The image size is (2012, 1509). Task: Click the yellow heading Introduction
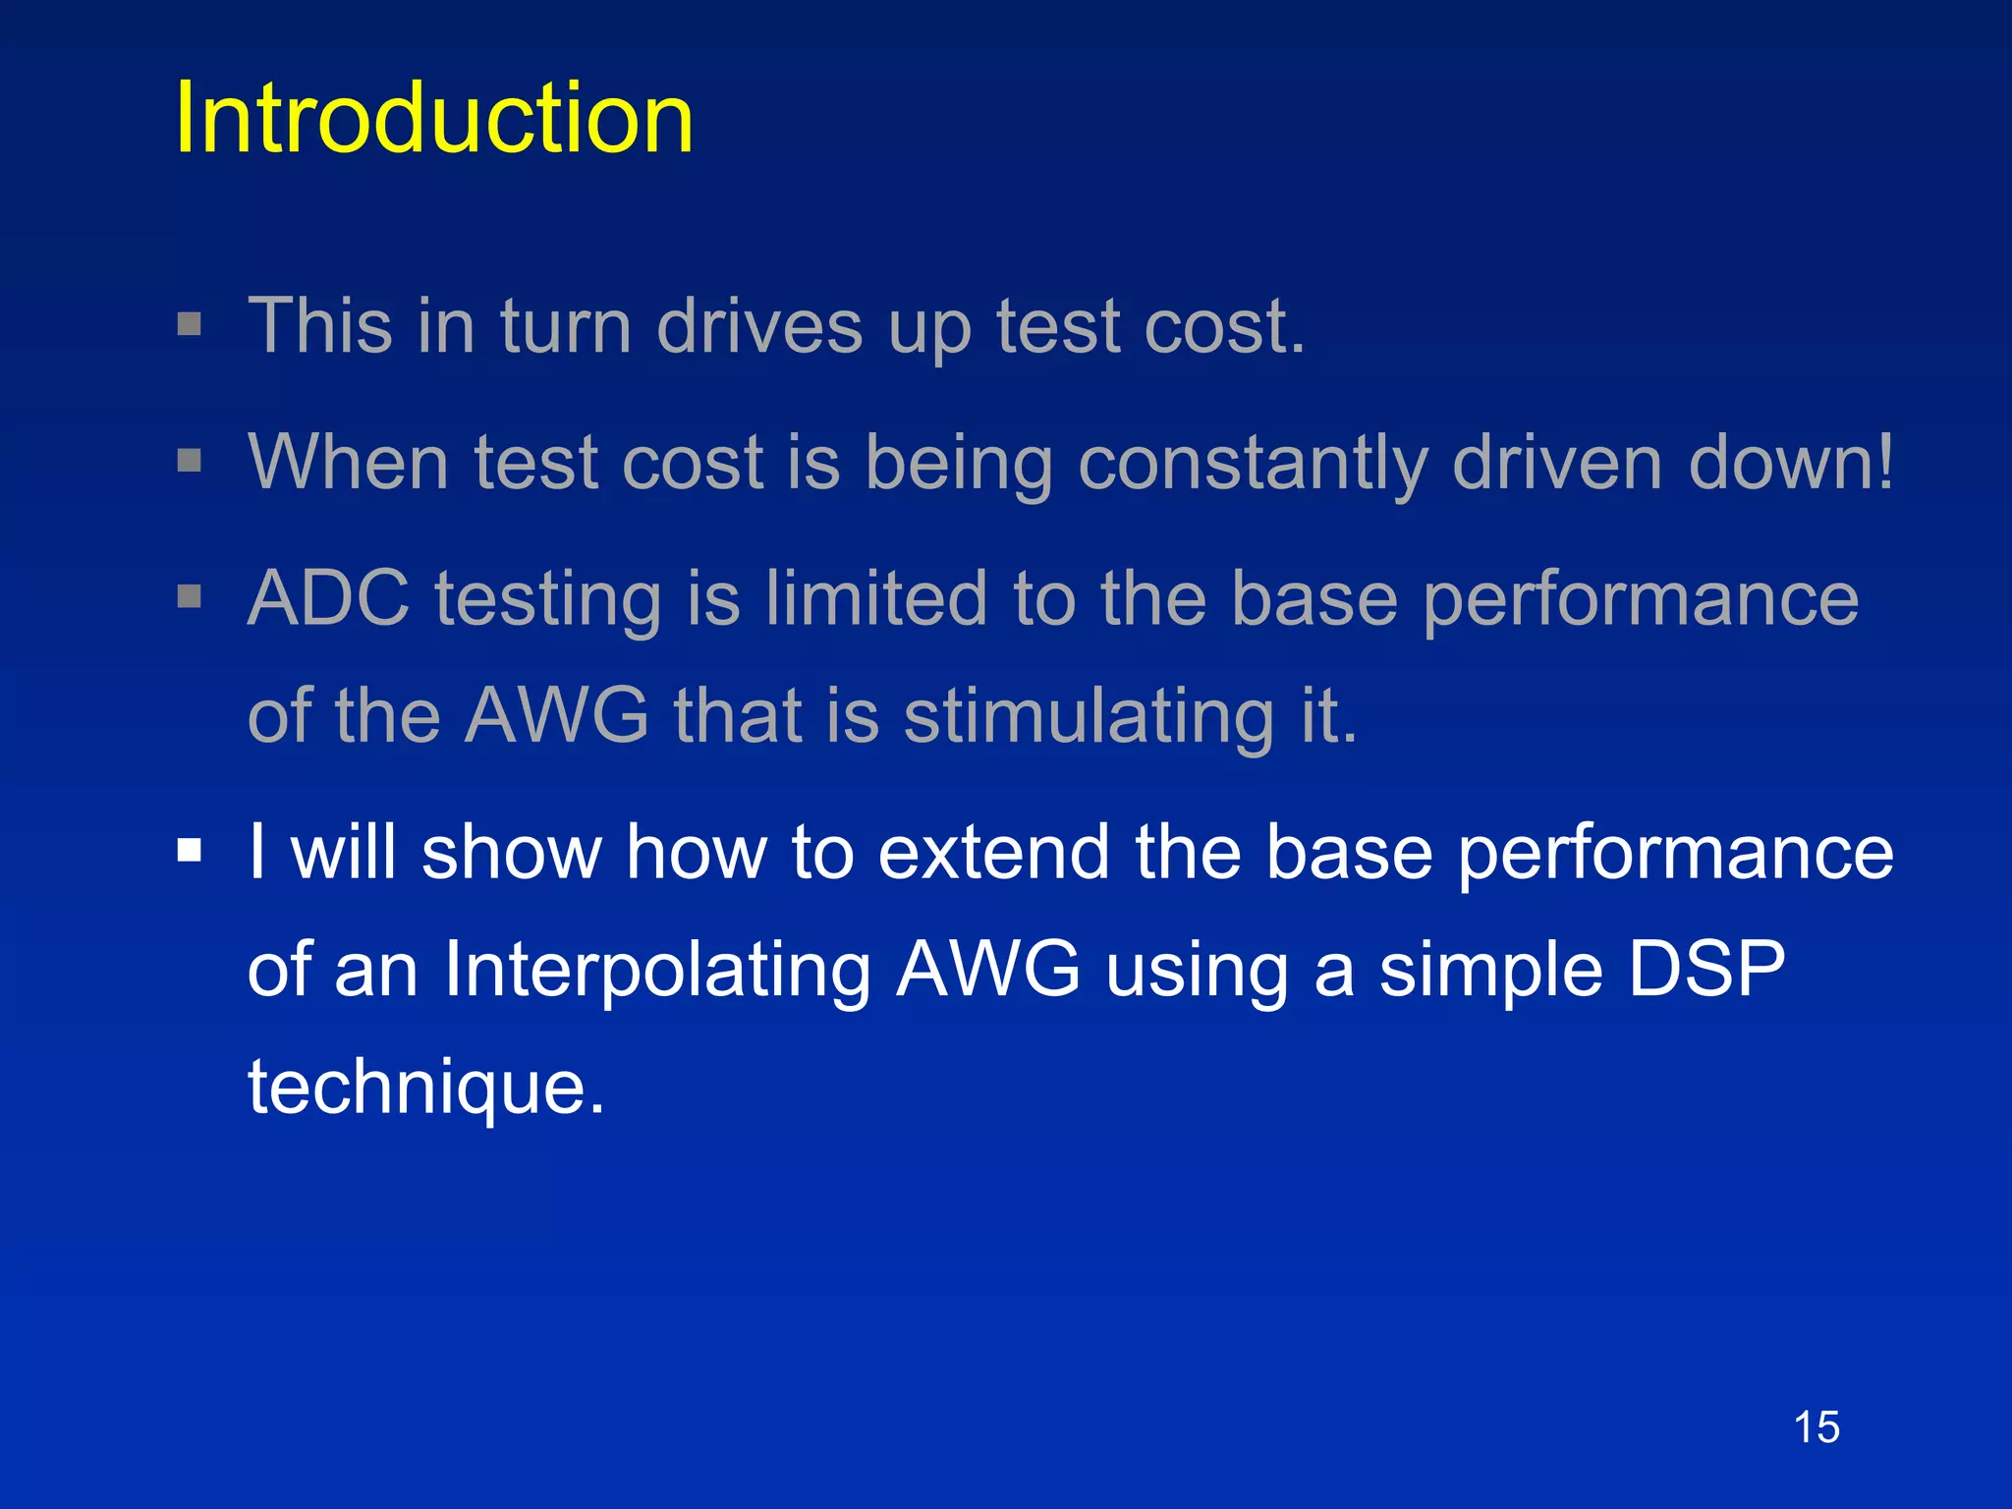click(433, 119)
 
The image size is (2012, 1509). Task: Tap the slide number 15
click(1816, 1426)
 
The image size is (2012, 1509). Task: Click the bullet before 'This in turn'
click(190, 324)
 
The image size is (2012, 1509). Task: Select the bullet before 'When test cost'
click(190, 460)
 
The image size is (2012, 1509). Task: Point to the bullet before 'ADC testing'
click(190, 595)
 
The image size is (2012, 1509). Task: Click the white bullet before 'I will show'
click(190, 849)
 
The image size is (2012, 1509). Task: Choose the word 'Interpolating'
click(657, 970)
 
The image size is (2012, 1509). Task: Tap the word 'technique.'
click(426, 1088)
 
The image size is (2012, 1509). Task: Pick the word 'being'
click(959, 464)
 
